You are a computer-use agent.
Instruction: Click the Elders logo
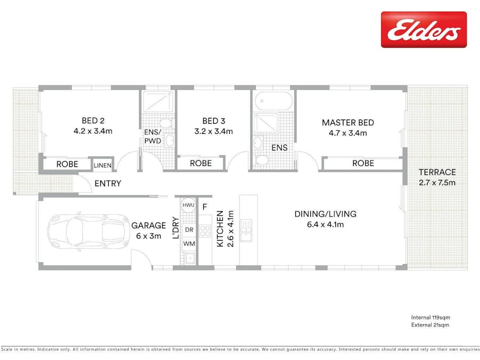point(423,30)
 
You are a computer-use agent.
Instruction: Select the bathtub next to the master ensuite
point(274,100)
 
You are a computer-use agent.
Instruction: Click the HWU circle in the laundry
point(188,205)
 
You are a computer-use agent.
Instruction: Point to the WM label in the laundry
point(189,244)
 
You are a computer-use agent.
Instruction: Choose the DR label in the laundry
point(189,229)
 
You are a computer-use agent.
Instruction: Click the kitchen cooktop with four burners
point(205,231)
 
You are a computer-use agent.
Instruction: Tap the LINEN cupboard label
point(102,165)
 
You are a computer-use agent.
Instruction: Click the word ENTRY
point(108,183)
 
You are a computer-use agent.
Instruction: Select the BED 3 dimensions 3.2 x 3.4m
point(214,131)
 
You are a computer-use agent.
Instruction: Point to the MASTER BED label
point(348,123)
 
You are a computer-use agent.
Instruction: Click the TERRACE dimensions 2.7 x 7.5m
point(437,183)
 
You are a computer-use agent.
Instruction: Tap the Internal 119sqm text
point(430,317)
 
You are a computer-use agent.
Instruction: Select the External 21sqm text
point(430,325)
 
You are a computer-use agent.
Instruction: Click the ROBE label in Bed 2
point(67,164)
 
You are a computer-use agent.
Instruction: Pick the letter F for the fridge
point(205,207)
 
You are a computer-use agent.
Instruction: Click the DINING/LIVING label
point(325,214)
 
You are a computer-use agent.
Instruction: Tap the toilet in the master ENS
point(261,160)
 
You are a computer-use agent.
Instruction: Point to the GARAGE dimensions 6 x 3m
point(148,236)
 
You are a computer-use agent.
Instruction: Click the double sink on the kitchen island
point(246,230)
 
